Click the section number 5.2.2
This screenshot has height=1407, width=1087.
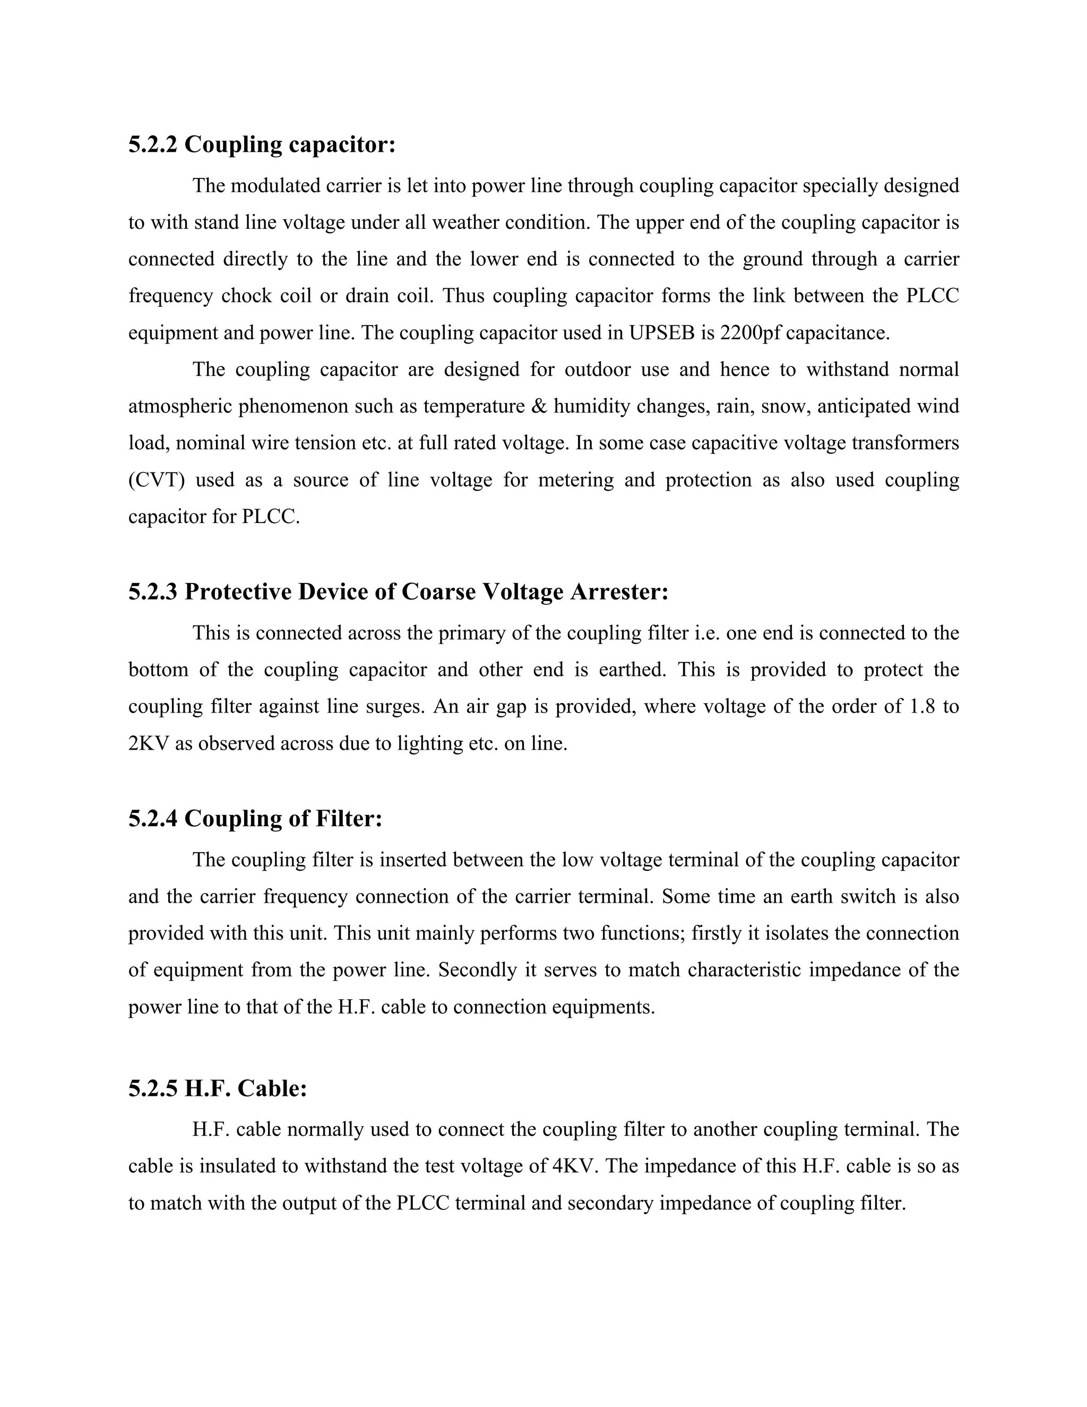[153, 145]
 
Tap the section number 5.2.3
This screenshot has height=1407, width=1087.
[153, 592]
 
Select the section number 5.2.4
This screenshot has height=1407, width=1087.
[153, 819]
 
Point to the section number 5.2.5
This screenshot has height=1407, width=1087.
[153, 1089]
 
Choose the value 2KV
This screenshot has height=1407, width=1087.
[148, 744]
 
